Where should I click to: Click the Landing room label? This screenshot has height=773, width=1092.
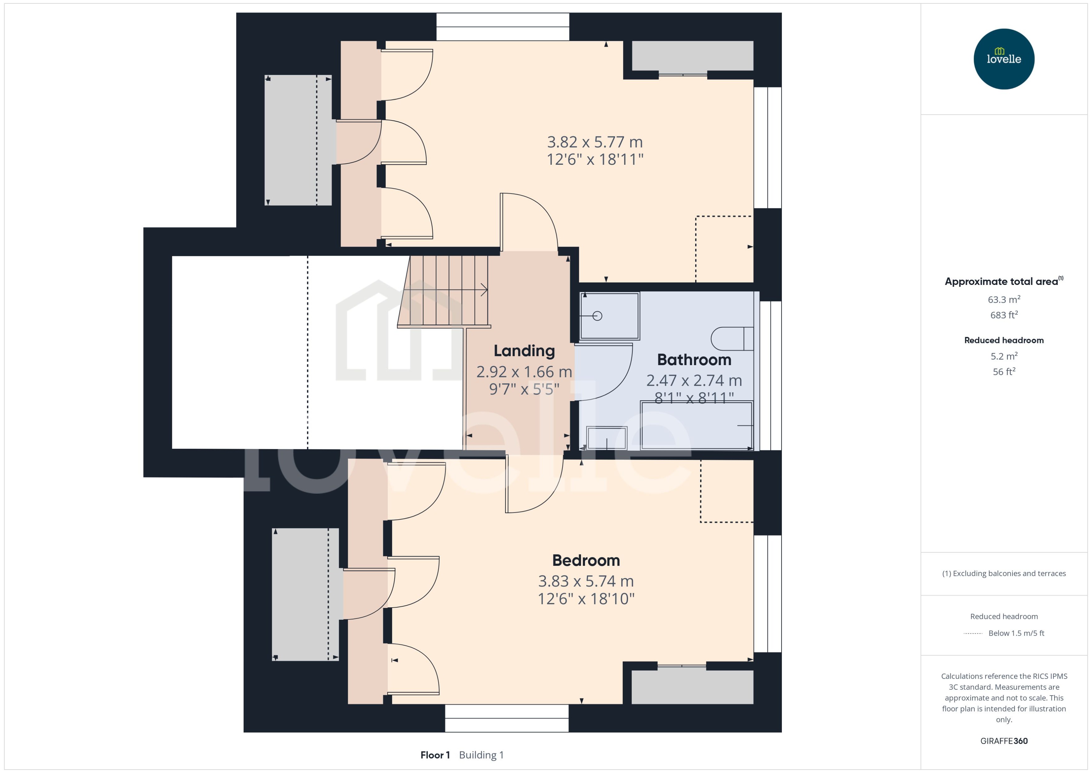point(524,351)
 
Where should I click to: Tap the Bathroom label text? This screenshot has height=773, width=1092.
point(694,360)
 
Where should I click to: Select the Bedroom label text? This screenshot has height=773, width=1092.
point(586,560)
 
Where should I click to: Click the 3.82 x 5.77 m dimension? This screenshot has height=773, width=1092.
point(595,142)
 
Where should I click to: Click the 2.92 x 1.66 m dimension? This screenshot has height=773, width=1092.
point(524,372)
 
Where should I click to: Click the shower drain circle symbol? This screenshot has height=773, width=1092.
point(597,316)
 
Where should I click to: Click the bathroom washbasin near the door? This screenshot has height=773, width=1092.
point(606,438)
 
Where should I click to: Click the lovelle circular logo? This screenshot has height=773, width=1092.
point(1003,59)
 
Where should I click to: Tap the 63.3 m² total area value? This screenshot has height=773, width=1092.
point(1003,299)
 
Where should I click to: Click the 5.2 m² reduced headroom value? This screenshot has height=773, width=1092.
point(1003,356)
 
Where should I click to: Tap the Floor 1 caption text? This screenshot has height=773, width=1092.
point(435,755)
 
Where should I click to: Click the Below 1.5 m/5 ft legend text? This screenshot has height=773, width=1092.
point(1016,633)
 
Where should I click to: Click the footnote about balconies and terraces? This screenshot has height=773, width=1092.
point(1003,574)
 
